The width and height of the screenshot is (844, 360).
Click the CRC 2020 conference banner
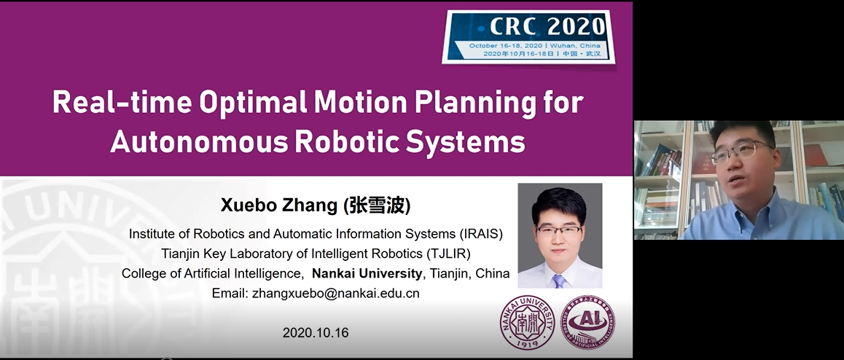click(528, 36)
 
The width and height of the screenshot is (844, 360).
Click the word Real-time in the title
click(122, 102)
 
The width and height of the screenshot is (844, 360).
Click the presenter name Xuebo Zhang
click(279, 205)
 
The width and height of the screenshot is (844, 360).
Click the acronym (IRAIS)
click(480, 234)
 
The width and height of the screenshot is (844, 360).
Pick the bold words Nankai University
click(367, 273)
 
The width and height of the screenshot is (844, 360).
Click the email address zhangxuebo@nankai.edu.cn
click(335, 293)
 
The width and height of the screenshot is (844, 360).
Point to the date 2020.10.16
click(316, 333)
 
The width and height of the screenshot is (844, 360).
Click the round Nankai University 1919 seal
click(528, 322)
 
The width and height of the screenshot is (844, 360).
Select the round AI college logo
click(587, 322)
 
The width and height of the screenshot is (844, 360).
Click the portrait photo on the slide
click(560, 235)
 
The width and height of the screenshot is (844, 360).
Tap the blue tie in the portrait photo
click(560, 281)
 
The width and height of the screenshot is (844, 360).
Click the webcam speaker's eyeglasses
click(741, 151)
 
